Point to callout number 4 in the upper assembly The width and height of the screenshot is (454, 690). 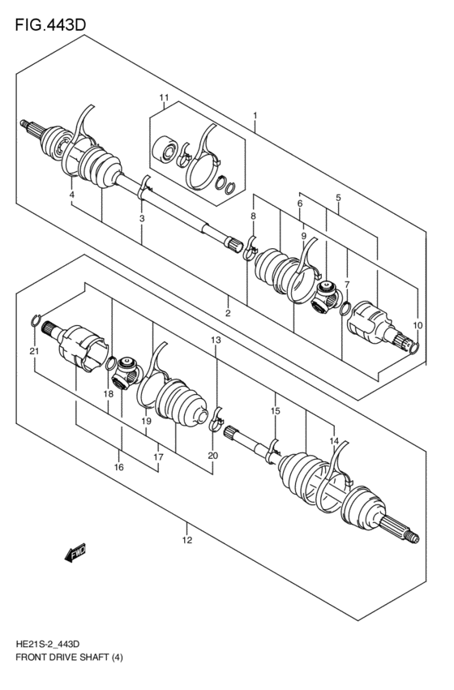(72, 195)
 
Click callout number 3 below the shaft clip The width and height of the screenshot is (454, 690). (142, 219)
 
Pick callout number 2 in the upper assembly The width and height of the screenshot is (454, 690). (229, 313)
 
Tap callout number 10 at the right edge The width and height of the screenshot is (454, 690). (418, 325)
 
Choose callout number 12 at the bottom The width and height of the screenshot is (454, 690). (186, 540)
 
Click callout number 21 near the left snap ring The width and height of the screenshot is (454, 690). (33, 351)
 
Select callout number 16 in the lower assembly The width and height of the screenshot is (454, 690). (118, 468)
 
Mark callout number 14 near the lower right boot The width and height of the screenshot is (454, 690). (333, 440)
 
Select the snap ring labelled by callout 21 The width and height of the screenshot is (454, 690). (35, 323)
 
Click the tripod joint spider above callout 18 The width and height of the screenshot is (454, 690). (127, 372)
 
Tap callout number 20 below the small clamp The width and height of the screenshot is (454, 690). (212, 456)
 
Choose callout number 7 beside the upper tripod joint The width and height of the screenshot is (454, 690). (346, 285)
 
